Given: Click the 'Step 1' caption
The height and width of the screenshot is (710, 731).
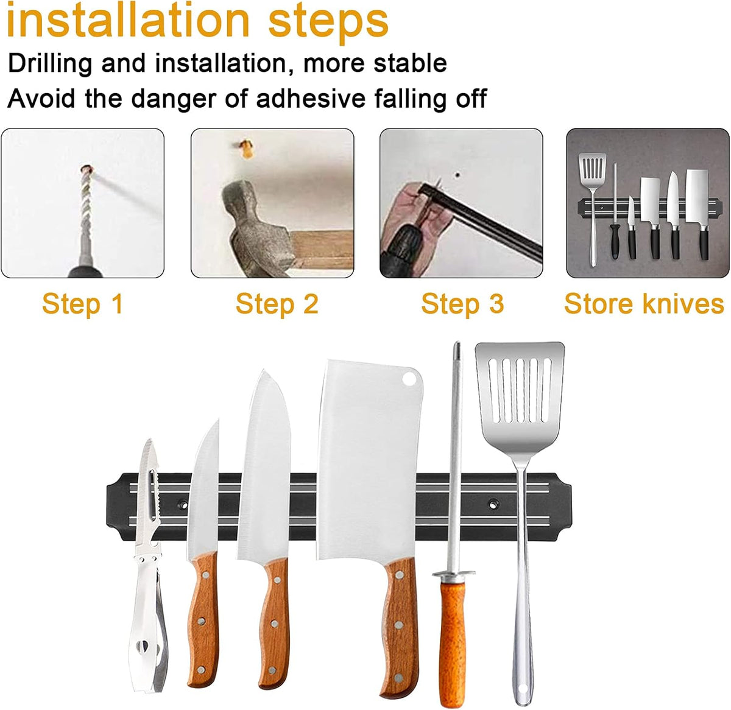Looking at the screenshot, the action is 83,304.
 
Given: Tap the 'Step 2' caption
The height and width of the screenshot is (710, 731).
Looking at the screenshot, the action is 277,304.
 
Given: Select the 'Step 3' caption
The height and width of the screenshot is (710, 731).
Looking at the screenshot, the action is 462,304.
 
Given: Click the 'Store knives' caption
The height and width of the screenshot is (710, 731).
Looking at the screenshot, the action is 644,303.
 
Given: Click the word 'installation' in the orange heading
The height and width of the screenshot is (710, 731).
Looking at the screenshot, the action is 129,21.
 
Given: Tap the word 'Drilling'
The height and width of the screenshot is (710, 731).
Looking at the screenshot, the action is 50,63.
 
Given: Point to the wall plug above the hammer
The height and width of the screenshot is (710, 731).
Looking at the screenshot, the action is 247,149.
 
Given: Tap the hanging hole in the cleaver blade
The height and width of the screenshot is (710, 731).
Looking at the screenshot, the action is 409,378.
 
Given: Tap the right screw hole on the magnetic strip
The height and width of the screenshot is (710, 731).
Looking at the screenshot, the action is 493,504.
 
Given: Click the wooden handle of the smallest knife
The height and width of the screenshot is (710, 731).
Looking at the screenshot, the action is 203,619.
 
